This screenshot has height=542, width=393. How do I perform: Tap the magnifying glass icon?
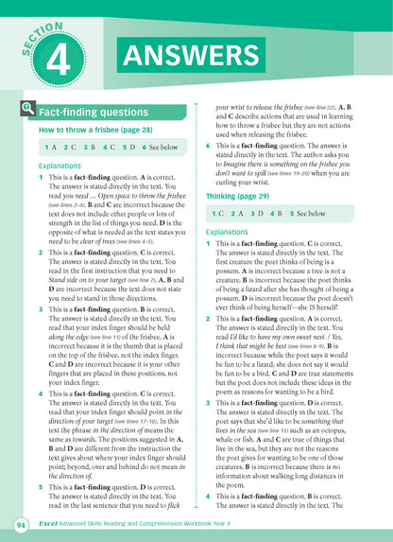pos(25,112)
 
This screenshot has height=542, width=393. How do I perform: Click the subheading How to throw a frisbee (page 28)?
pos(86,130)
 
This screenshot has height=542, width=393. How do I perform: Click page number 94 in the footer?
pos(20,524)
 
